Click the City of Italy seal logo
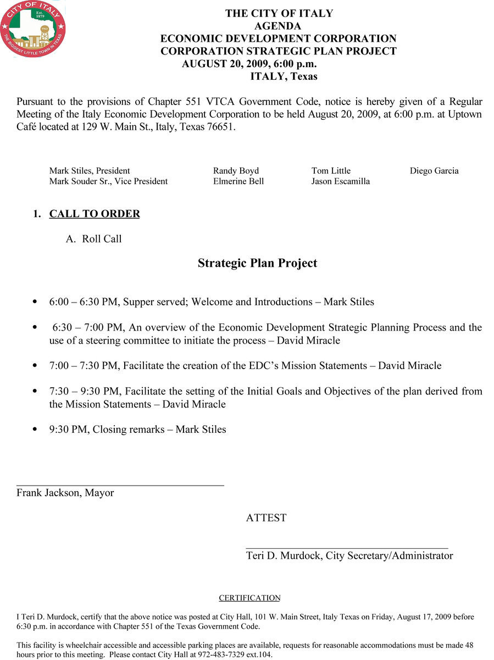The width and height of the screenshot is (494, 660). [x=33, y=29]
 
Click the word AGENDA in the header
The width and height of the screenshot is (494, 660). [x=278, y=26]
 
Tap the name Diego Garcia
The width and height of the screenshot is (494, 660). [x=434, y=170]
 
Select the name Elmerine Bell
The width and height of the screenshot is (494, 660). [x=238, y=181]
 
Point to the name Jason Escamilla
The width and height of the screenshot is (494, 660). [x=340, y=181]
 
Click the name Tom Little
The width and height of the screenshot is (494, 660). [x=331, y=170]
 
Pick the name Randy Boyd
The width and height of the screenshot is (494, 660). [x=236, y=170]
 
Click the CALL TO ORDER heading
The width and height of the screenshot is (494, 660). [x=95, y=214]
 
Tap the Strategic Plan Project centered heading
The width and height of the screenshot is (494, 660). [x=257, y=263]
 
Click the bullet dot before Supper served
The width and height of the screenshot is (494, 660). [x=36, y=302]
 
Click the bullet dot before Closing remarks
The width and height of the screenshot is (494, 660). [x=36, y=430]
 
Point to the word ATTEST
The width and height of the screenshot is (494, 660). [x=266, y=518]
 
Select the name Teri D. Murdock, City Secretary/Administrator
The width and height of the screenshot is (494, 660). [x=349, y=555]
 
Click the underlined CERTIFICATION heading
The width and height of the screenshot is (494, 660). [x=249, y=598]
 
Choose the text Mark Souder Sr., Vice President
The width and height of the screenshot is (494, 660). [x=108, y=181]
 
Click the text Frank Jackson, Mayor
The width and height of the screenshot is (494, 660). [x=65, y=493]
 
